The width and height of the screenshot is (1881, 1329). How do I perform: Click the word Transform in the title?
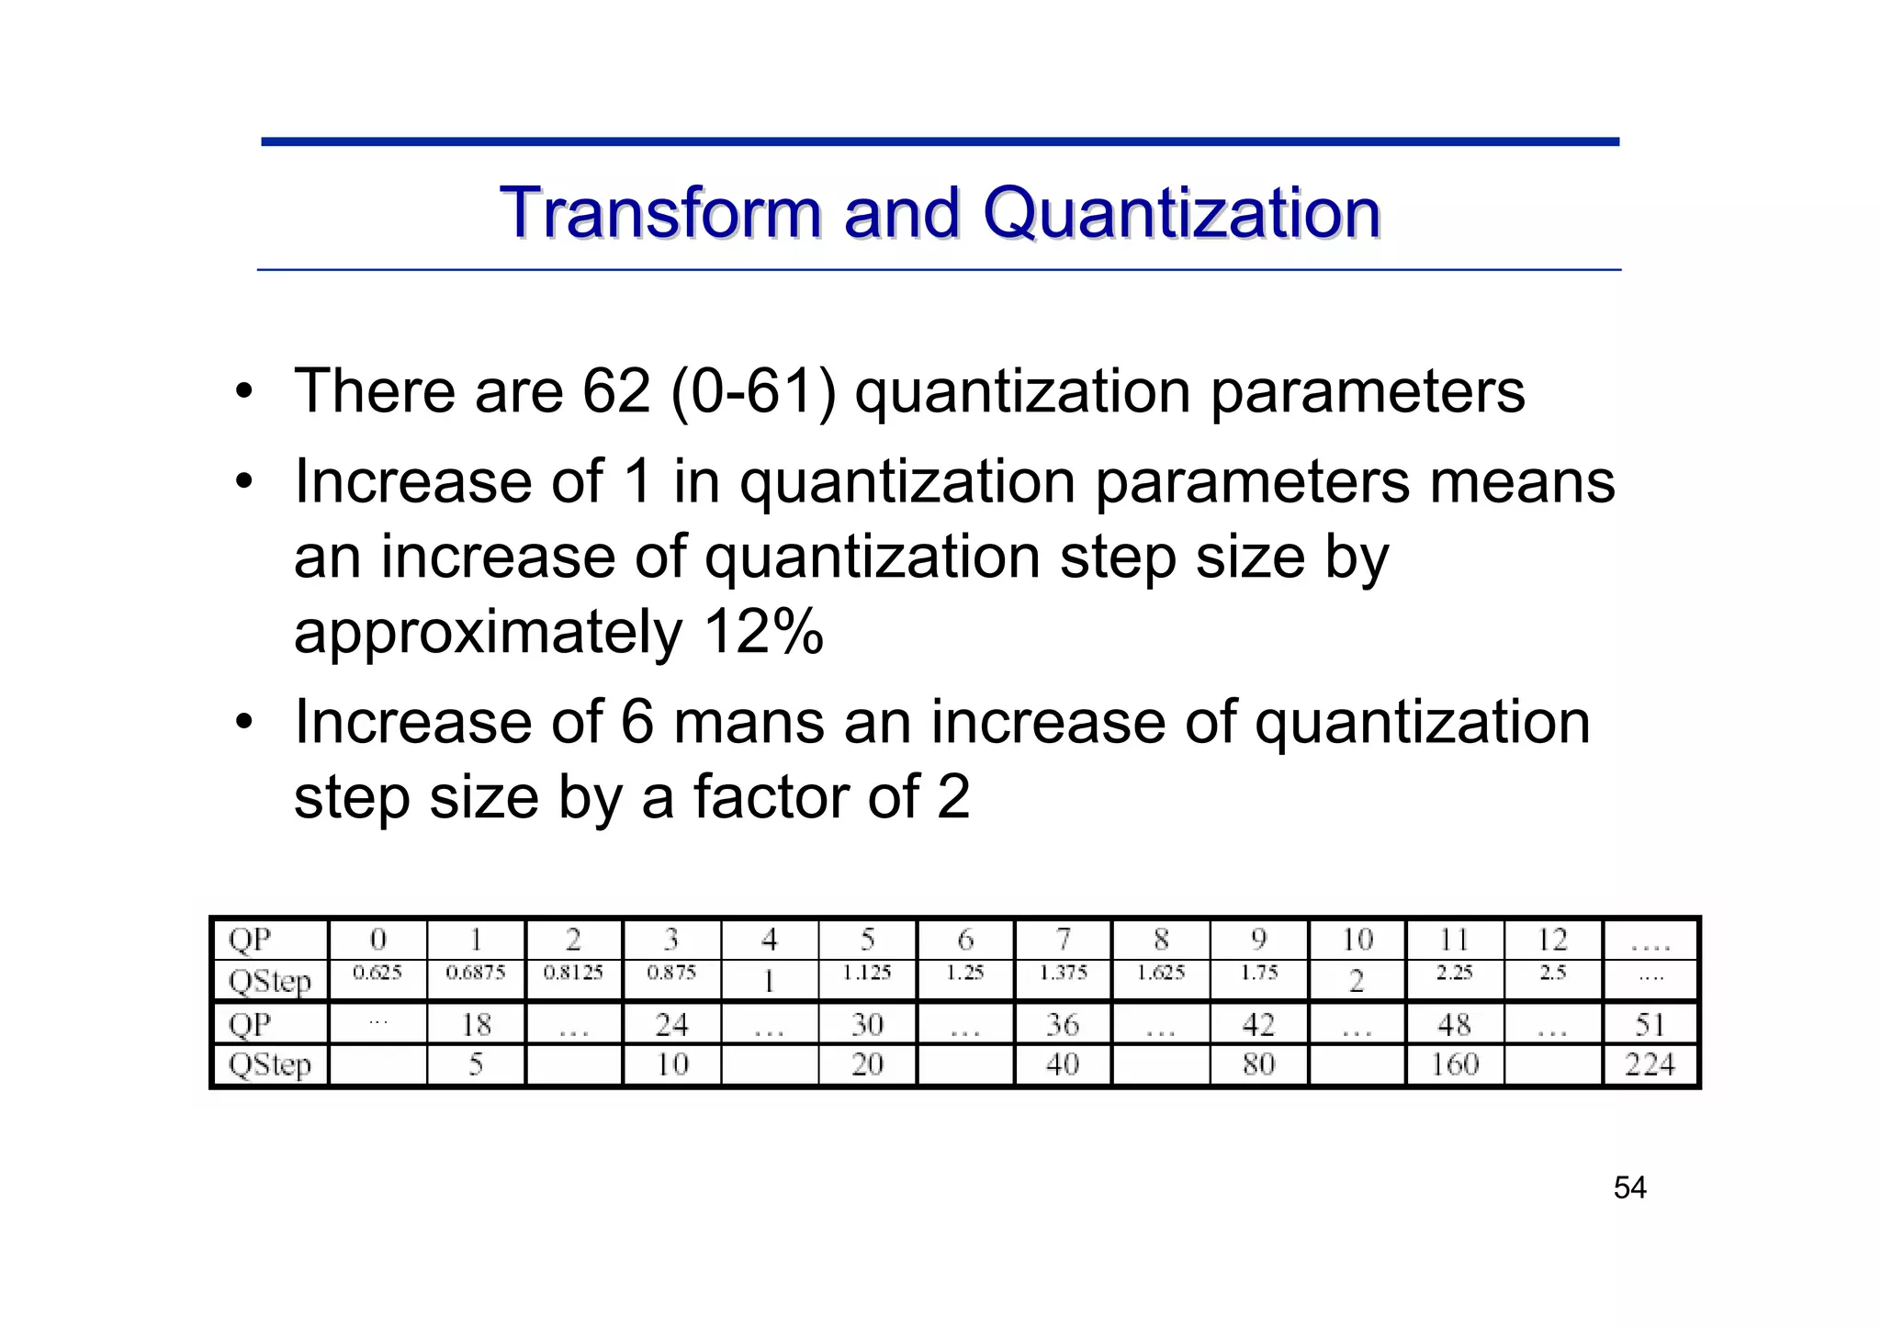coord(659,212)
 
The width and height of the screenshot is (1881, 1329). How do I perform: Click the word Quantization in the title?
coord(1181,214)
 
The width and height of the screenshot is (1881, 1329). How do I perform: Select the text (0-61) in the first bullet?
coord(753,391)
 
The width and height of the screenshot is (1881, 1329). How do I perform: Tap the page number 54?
coord(1629,1188)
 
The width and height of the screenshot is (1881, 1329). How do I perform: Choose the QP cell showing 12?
coord(1552,940)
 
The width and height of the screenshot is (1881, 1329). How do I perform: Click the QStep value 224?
coord(1650,1064)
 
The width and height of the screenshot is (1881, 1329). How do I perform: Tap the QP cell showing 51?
coord(1650,1024)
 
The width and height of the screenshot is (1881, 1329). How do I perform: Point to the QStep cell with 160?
coord(1454,1064)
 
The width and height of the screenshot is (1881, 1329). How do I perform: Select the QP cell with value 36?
coord(1063,1024)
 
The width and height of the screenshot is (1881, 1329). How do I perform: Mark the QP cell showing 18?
coord(476,1024)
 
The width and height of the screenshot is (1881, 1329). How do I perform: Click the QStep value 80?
coord(1258,1064)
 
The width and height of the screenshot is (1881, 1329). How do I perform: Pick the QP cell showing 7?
coord(1063,940)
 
